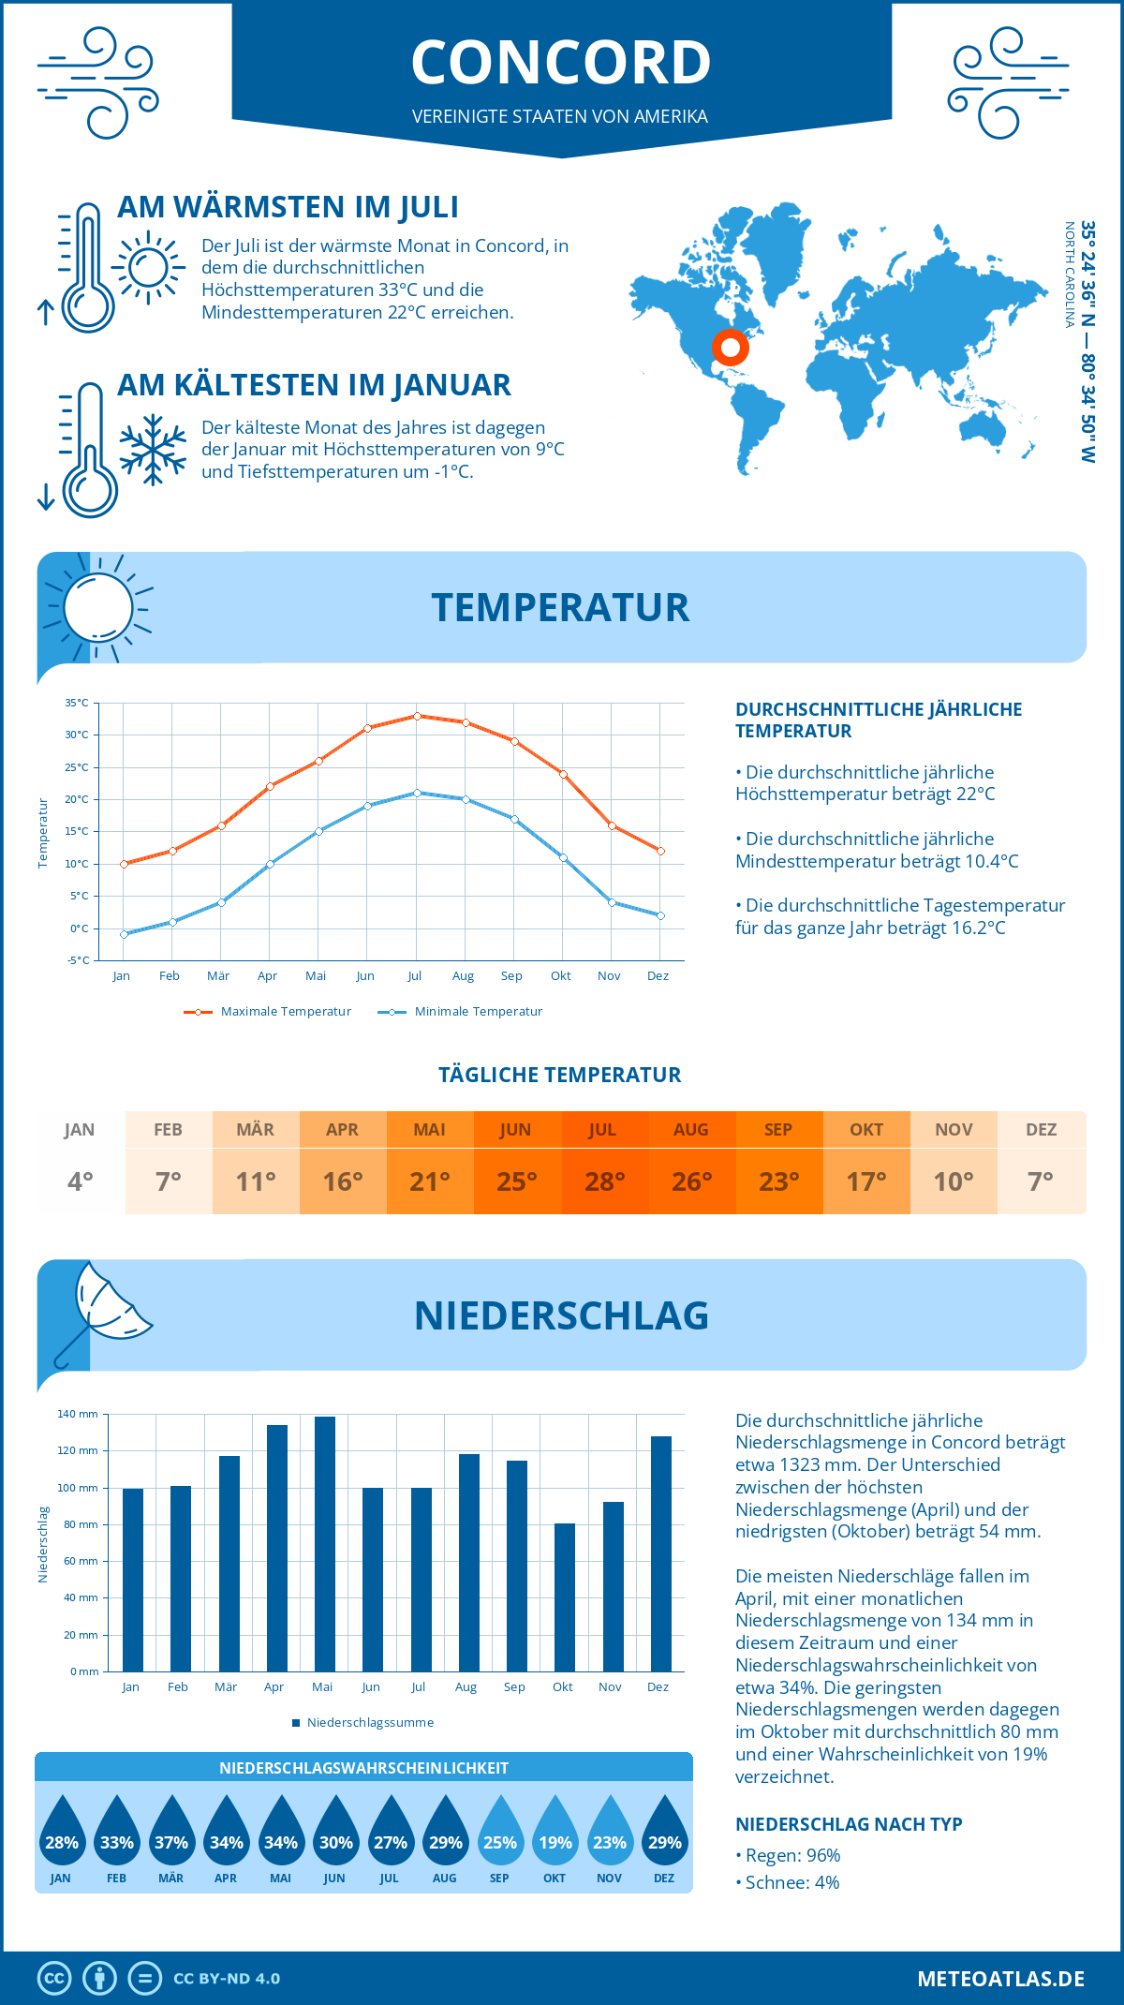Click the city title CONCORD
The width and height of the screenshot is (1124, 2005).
[561, 63]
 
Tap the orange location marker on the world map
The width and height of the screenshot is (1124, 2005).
[730, 348]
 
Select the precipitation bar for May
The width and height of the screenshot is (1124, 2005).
[324, 1543]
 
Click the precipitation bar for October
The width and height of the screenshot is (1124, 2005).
[564, 1597]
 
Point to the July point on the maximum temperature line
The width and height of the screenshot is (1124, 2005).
[417, 716]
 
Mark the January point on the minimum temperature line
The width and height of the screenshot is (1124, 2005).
[124, 934]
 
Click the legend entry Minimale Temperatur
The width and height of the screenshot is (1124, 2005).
[478, 1012]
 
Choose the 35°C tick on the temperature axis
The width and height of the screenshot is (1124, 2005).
[77, 703]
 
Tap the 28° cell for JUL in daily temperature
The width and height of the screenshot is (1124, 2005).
[604, 1181]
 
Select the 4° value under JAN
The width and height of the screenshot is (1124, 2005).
[81, 1181]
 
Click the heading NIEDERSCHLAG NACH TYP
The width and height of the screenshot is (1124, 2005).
[849, 1824]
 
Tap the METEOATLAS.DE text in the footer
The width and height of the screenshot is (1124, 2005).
[1000, 1979]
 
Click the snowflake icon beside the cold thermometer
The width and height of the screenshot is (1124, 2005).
[153, 450]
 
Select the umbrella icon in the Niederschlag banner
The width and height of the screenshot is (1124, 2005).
[103, 1312]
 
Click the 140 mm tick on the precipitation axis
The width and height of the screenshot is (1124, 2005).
[78, 1414]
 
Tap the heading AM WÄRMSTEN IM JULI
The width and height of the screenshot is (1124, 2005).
[288, 207]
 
